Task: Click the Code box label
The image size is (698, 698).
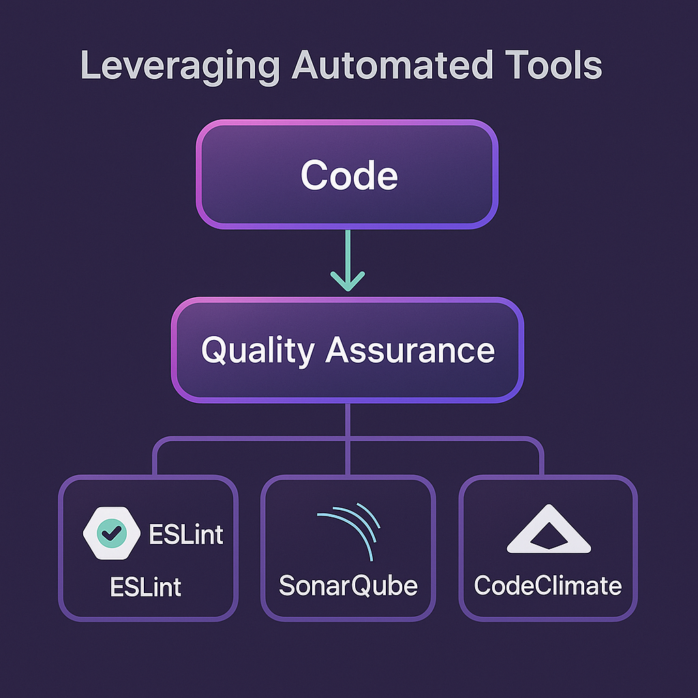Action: (348, 175)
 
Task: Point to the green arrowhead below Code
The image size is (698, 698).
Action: (348, 280)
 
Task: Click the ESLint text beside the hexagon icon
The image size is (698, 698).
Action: (186, 534)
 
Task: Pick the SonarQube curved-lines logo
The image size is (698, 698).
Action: (348, 532)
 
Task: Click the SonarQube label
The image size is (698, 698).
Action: (348, 586)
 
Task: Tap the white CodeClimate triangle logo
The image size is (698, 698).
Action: (549, 531)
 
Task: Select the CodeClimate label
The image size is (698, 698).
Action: (548, 586)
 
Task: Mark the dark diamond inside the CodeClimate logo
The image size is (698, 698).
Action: (549, 539)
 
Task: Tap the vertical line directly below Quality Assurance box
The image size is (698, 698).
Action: (348, 419)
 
